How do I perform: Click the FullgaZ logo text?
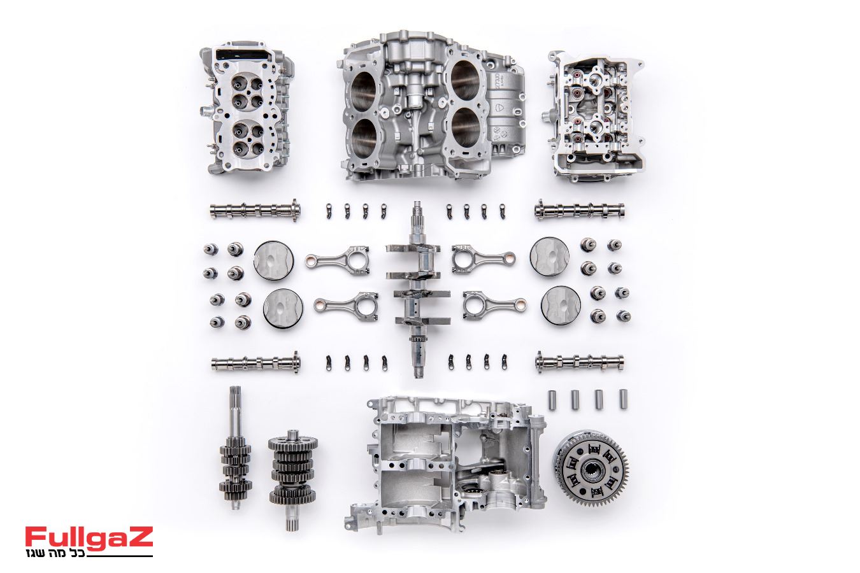click(89, 537)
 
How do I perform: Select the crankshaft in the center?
click(419, 290)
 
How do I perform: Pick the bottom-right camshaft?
click(579, 362)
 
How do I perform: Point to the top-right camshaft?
click(579, 210)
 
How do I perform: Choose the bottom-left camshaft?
click(256, 362)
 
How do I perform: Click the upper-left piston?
click(274, 260)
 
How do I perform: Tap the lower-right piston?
click(561, 306)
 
